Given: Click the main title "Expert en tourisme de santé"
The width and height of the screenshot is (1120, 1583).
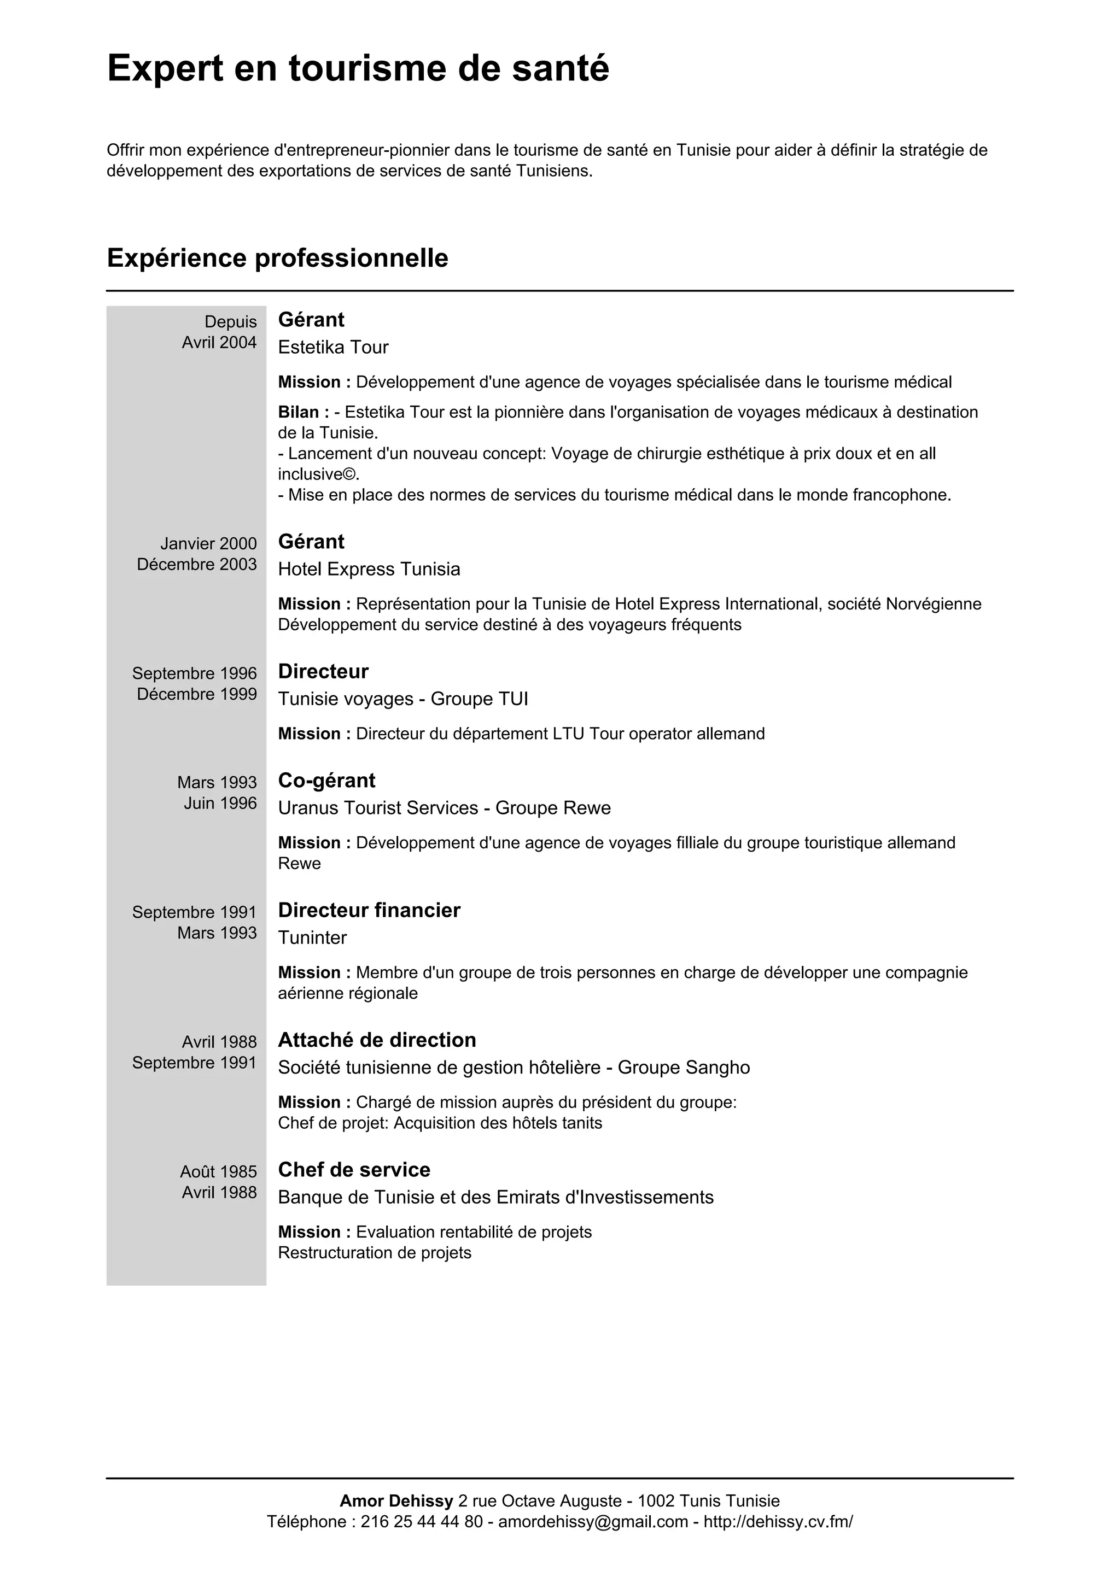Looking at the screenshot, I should click(358, 68).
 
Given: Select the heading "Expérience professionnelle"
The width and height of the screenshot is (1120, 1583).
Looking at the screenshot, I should click(277, 258).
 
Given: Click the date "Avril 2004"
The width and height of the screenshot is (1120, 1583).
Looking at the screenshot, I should click(219, 343).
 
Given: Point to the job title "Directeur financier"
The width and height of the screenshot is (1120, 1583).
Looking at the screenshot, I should click(369, 910).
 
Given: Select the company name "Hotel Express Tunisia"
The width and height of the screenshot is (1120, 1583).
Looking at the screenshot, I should click(369, 569).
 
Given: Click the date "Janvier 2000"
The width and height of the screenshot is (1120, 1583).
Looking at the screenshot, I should click(208, 544).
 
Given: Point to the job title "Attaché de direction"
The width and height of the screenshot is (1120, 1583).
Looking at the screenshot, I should click(377, 1040).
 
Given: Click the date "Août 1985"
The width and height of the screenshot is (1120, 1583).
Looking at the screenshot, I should click(218, 1171).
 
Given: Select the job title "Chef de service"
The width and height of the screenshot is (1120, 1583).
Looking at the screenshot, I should click(354, 1169).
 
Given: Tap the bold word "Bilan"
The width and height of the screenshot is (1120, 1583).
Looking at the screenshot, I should click(299, 412).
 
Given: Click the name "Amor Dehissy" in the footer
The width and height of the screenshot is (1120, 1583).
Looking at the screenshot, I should click(396, 1501).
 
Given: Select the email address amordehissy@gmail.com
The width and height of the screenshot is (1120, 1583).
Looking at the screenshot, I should click(593, 1522).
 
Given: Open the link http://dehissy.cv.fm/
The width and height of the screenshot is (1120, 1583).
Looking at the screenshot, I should click(778, 1522).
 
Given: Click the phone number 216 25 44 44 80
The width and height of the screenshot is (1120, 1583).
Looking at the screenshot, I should click(422, 1522).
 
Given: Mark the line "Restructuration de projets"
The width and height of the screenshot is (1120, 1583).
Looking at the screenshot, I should click(375, 1253).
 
